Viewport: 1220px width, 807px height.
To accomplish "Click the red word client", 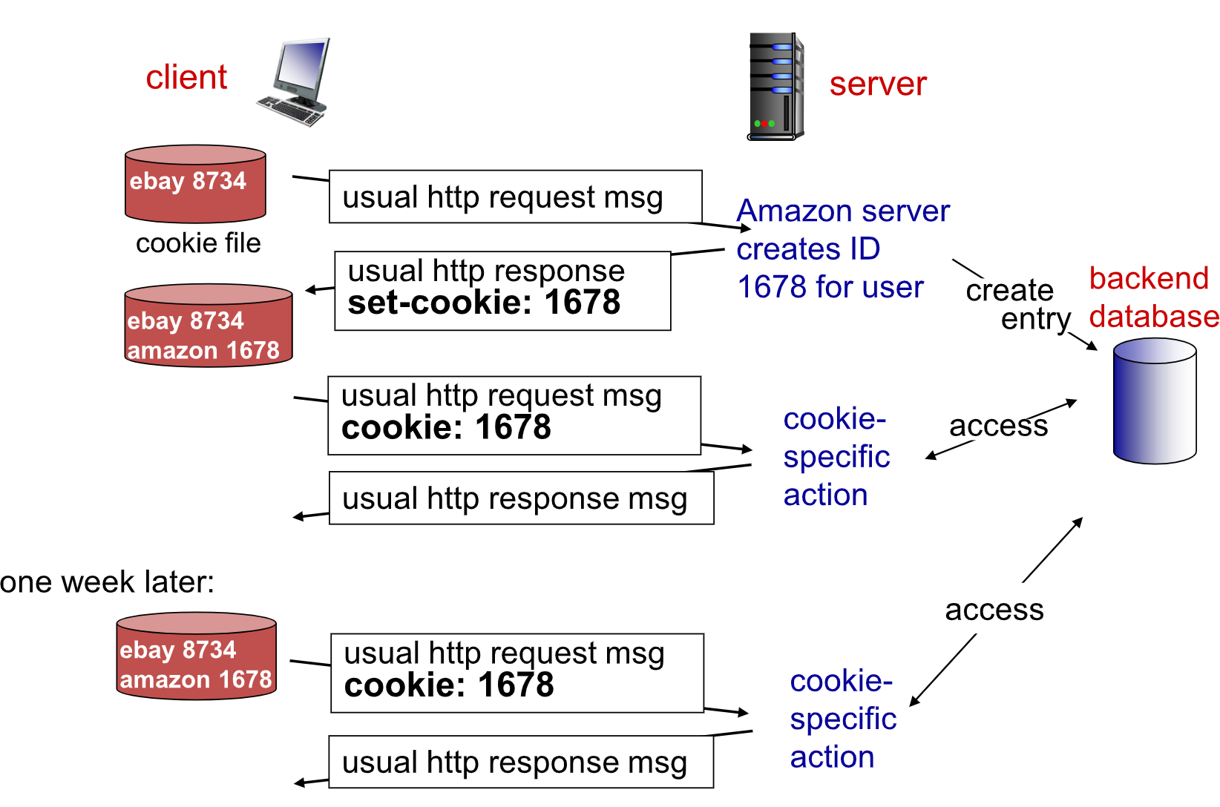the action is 186,77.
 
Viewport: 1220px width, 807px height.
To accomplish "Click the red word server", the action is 878,85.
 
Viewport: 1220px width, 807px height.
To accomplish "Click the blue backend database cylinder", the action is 1155,401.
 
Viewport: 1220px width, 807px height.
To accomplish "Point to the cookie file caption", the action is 198,243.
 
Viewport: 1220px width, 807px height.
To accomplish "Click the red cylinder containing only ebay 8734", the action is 195,183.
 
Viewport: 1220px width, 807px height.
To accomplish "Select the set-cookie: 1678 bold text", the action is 484,302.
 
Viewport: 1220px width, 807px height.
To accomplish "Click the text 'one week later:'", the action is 108,582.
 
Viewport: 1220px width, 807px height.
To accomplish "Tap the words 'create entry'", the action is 1017,305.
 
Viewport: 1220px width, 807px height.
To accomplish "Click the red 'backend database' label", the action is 1153,298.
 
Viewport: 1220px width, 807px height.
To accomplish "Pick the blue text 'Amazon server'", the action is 843,211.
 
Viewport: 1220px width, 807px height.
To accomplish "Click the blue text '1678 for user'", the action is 830,287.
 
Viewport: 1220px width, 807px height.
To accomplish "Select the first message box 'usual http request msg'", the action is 515,197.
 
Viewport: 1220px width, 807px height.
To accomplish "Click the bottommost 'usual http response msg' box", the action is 521,762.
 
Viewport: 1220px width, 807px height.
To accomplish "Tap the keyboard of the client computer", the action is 292,111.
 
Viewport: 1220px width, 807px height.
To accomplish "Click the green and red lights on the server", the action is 764,124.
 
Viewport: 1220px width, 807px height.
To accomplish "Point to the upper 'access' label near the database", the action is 998,426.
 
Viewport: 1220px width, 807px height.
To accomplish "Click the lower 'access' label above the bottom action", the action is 994,610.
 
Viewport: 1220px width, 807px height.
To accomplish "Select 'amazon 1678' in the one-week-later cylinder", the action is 195,679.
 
